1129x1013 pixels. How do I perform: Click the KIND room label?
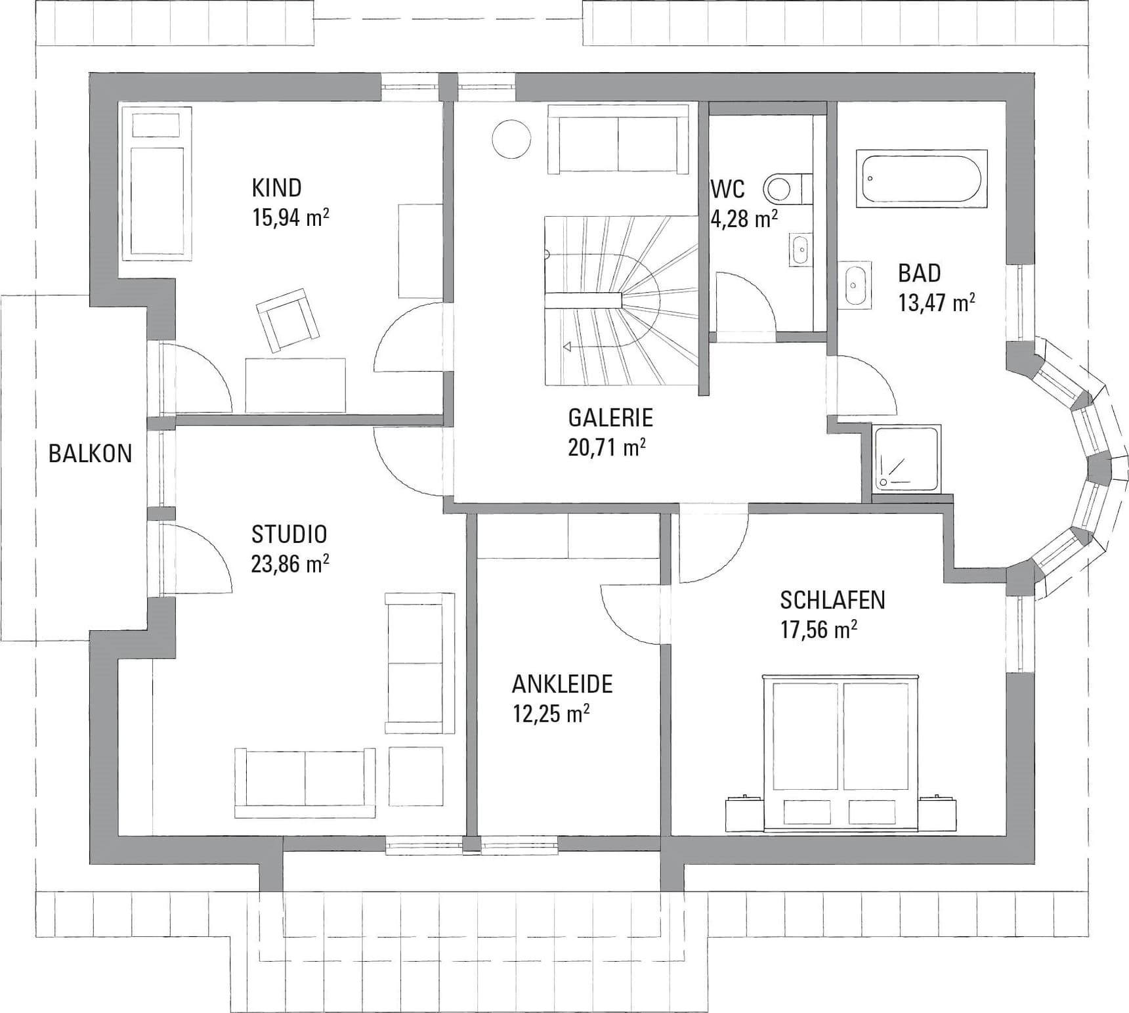tap(276, 188)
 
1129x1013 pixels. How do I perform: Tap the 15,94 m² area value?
tap(290, 217)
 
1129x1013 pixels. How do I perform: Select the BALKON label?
tap(90, 454)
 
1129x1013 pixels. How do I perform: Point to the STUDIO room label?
tap(289, 534)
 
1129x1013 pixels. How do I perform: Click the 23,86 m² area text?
tap(290, 564)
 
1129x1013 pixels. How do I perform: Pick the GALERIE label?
tap(610, 418)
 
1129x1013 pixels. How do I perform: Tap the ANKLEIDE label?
tap(562, 684)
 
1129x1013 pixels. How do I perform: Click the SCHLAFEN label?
tap(832, 600)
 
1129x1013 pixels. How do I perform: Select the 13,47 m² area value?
tap(936, 303)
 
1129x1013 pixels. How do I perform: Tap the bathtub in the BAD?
tap(922, 179)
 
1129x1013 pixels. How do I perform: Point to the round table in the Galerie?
tap(511, 139)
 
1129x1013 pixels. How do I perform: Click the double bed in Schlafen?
tap(841, 752)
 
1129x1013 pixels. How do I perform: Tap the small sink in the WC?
tap(799, 249)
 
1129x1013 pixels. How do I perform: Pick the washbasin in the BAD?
tap(855, 284)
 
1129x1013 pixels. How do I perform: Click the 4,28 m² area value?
tap(744, 219)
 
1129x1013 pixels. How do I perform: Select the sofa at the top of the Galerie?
tap(618, 139)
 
